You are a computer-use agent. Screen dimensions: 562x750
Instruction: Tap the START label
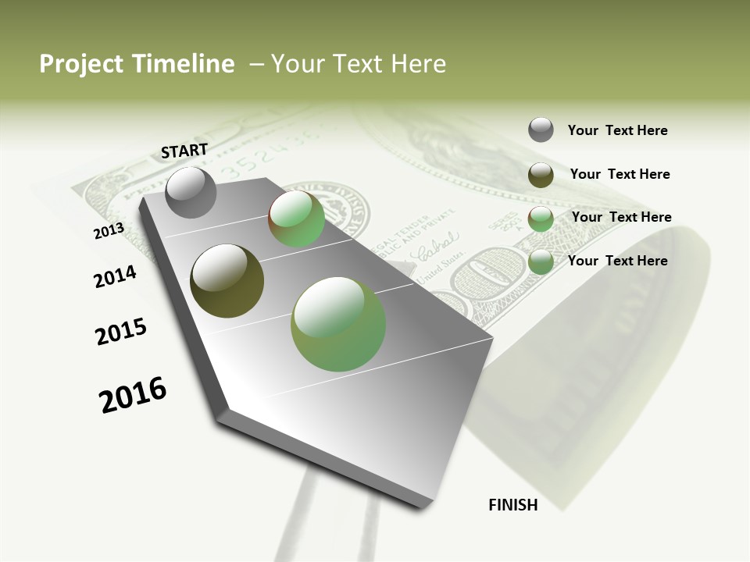[x=184, y=151]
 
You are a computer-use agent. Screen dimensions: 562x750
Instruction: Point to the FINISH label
[x=513, y=505]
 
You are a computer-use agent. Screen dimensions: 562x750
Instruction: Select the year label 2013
[x=109, y=231]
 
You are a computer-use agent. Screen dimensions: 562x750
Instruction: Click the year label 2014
[x=116, y=276]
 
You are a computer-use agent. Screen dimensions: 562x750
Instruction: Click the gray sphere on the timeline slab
[x=191, y=192]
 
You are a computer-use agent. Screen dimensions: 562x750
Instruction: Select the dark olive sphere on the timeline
[x=227, y=281]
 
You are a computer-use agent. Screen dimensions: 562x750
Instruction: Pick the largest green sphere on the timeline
[x=338, y=324]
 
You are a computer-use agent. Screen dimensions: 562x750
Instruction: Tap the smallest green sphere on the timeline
[x=297, y=219]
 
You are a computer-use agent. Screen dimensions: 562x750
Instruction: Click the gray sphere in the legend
[x=541, y=130]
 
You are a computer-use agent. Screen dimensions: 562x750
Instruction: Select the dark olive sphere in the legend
[x=541, y=175]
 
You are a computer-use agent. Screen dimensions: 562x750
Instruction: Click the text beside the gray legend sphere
[x=617, y=130]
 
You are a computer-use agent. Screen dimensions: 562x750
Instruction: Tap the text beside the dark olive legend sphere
[x=620, y=174]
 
